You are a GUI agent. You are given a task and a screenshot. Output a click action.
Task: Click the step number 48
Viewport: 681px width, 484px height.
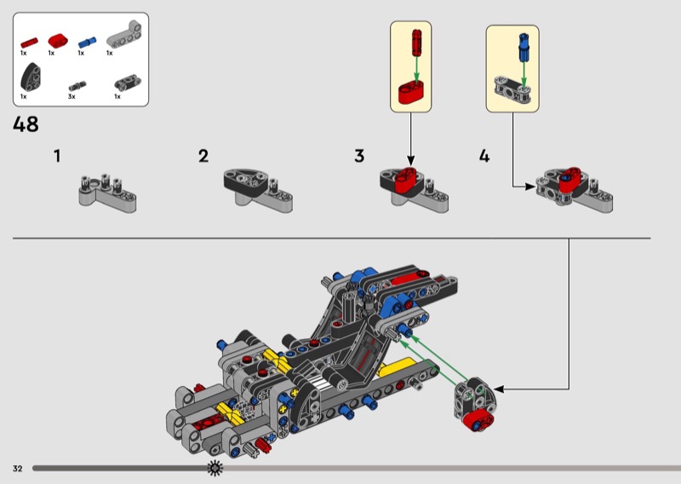pos(26,124)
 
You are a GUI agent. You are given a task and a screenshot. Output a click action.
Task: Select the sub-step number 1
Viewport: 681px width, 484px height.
pos(57,156)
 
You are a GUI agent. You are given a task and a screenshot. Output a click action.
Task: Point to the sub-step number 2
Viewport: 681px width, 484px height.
pos(203,156)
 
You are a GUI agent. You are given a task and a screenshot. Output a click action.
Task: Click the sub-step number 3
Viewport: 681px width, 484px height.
pos(359,156)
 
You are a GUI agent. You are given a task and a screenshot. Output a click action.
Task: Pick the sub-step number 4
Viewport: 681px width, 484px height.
pos(484,156)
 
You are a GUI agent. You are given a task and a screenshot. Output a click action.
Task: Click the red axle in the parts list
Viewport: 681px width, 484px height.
pos(29,40)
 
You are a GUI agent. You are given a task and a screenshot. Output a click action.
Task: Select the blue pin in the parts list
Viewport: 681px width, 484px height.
pos(84,40)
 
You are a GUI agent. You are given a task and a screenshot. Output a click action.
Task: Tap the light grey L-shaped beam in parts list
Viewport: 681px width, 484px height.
pos(122,37)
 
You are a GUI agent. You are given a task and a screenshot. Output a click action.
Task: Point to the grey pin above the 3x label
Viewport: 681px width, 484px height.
pos(78,84)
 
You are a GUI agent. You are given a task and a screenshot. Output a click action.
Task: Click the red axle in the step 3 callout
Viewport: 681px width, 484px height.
pos(415,42)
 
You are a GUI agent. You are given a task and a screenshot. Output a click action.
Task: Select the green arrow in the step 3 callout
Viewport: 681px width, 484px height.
pos(415,70)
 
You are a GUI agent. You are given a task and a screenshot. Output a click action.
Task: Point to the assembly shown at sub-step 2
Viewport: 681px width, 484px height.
pos(258,187)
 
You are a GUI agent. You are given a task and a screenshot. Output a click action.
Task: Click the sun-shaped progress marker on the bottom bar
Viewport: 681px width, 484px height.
pos(215,468)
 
